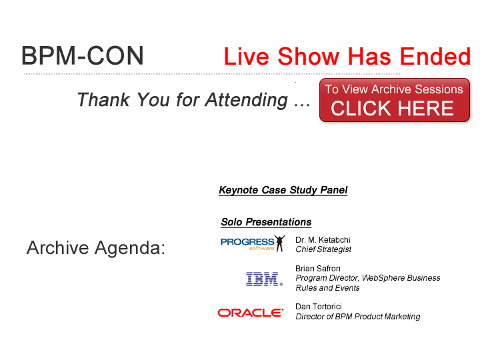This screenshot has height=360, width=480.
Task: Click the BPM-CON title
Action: point(83,55)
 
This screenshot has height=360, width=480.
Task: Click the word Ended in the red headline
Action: point(435,56)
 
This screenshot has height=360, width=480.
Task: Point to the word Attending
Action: point(247,100)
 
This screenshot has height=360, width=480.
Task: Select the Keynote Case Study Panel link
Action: point(283,190)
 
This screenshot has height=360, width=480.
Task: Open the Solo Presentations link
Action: point(266,222)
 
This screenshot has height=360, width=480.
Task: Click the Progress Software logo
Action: point(253,243)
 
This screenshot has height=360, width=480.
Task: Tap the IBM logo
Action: point(265,279)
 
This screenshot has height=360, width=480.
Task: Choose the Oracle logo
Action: point(251,313)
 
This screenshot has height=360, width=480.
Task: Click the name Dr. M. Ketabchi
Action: point(323,240)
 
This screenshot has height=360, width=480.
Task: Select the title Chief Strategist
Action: point(323,249)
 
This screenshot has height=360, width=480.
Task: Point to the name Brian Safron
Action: point(318,269)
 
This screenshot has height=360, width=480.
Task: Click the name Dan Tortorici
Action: point(319,307)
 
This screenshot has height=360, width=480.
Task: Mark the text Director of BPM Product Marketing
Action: point(357,317)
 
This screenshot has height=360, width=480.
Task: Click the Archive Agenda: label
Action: point(96,247)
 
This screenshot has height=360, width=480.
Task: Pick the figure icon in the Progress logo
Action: point(279,243)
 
